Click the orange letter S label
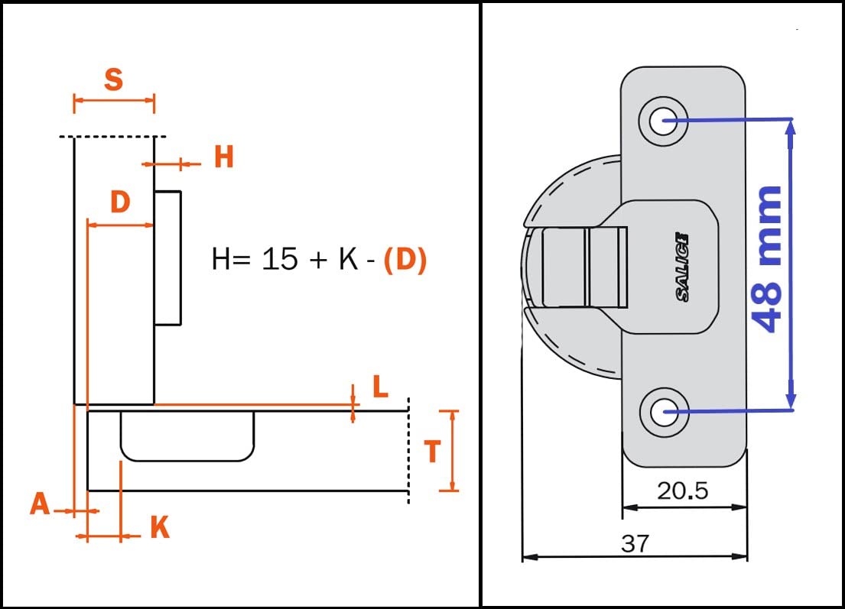[x=113, y=79]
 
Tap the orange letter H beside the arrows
[x=223, y=157]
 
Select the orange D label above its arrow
[x=120, y=202]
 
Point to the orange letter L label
[x=380, y=387]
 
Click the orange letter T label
[x=432, y=452]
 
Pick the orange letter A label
[x=40, y=504]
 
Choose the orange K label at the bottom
[x=159, y=527]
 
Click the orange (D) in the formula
[x=405, y=260]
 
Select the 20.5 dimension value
[x=683, y=491]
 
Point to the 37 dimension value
[x=635, y=543]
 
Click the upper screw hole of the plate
[x=664, y=119]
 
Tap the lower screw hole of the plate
[x=664, y=413]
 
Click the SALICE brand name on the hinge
[x=682, y=267]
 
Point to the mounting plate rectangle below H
[x=168, y=257]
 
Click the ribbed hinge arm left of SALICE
[x=583, y=265]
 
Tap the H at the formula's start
[x=221, y=260]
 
